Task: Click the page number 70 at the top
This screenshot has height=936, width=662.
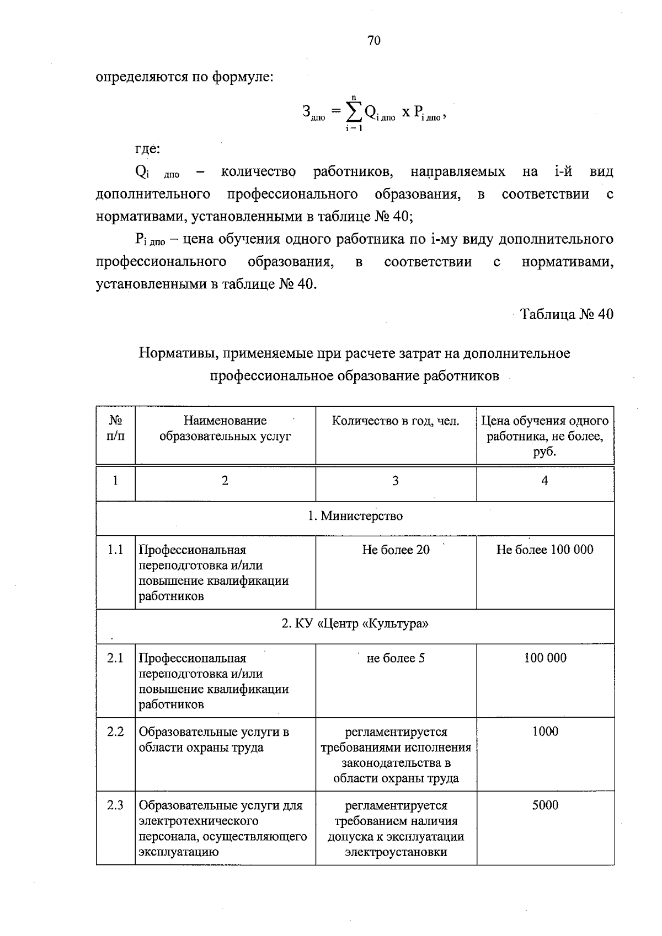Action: [373, 41]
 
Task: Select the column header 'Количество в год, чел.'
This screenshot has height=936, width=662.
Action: [396, 421]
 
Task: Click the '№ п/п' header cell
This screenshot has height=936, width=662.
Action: [115, 428]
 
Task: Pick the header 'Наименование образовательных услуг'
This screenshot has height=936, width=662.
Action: [225, 428]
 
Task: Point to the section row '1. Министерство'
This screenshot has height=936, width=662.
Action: [355, 516]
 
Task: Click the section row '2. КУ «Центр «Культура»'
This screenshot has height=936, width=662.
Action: [355, 624]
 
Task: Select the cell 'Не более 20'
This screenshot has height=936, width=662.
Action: [396, 550]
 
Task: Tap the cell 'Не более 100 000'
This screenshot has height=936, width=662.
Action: [544, 550]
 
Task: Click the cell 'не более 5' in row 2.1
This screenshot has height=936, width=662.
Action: [396, 658]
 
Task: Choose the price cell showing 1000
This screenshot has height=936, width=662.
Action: [545, 731]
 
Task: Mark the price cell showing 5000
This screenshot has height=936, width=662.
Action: [545, 805]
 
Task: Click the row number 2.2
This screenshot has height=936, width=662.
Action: [115, 731]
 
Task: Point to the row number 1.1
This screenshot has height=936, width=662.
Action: [115, 550]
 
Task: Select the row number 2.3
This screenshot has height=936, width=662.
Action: [115, 805]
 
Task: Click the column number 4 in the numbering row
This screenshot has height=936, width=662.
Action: [544, 481]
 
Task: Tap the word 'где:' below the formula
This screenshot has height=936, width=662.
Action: [148, 149]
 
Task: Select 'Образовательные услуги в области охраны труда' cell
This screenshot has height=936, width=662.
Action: [214, 740]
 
